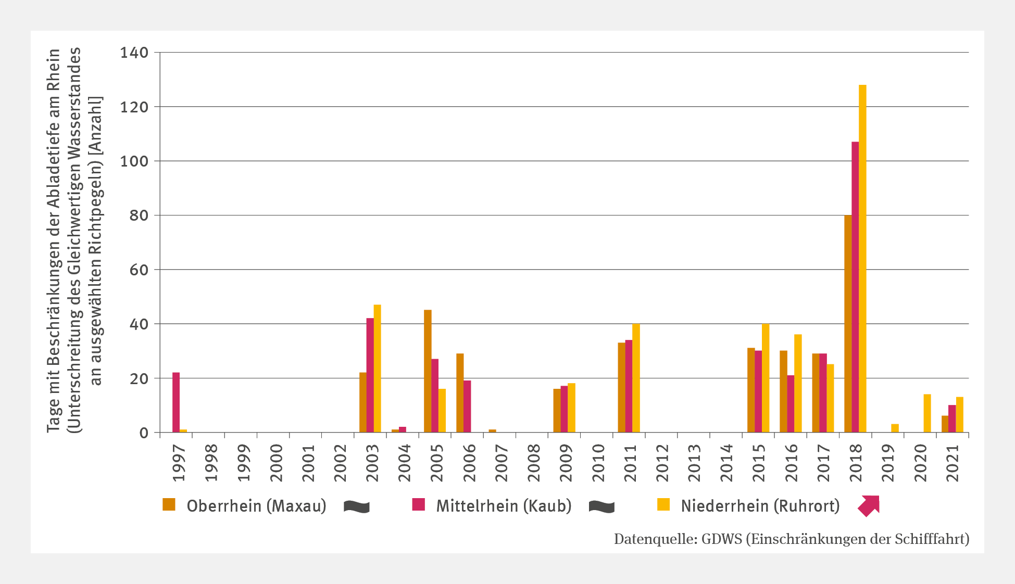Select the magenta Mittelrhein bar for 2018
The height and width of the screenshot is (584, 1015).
pos(855,287)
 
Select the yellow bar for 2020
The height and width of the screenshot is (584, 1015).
pos(927,413)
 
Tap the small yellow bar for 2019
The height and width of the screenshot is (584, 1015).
pos(895,428)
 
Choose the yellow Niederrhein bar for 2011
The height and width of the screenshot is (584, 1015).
pos(636,378)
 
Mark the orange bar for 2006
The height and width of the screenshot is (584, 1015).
pos(460,393)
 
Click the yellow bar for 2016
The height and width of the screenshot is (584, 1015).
pos(798,383)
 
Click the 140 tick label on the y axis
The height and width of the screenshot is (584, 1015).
pos(134,53)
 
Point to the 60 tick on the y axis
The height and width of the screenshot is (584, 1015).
pos(139,270)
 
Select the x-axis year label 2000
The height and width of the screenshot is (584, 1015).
pos(276,463)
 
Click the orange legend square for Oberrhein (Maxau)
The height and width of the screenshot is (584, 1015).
pos(169,504)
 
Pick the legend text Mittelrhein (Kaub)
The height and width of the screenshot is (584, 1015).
pos(504,505)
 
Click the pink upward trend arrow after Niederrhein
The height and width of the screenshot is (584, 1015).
pos(869,505)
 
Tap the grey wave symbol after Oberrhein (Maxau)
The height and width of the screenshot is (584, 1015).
pos(357,506)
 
